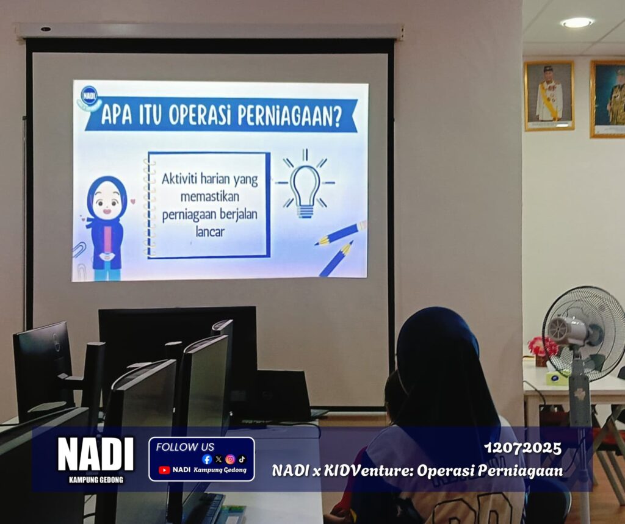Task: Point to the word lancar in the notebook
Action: (210, 232)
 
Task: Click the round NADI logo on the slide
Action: (89, 96)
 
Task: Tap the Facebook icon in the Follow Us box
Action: (207, 459)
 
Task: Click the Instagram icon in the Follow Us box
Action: (230, 459)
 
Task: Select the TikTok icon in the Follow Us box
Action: (242, 459)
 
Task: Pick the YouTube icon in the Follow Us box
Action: (164, 470)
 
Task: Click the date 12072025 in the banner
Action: (522, 448)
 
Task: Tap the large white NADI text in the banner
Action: (96, 454)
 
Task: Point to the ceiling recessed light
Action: (577, 23)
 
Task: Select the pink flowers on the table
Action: (543, 346)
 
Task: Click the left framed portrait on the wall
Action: (549, 96)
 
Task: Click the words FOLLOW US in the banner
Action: (185, 447)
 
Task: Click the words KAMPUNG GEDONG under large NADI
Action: (96, 479)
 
